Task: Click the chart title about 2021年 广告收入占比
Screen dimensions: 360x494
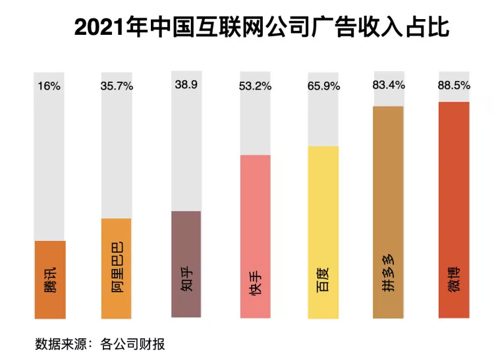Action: pyautogui.click(x=261, y=28)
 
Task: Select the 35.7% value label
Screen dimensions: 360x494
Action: pyautogui.click(x=117, y=86)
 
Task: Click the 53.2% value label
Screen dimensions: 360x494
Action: pyautogui.click(x=255, y=86)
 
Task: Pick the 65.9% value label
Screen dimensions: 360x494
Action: pyautogui.click(x=322, y=86)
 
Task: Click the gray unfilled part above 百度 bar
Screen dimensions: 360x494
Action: pyautogui.click(x=322, y=118)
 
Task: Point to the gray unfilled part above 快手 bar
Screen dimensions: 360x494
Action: pyautogui.click(x=255, y=125)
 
